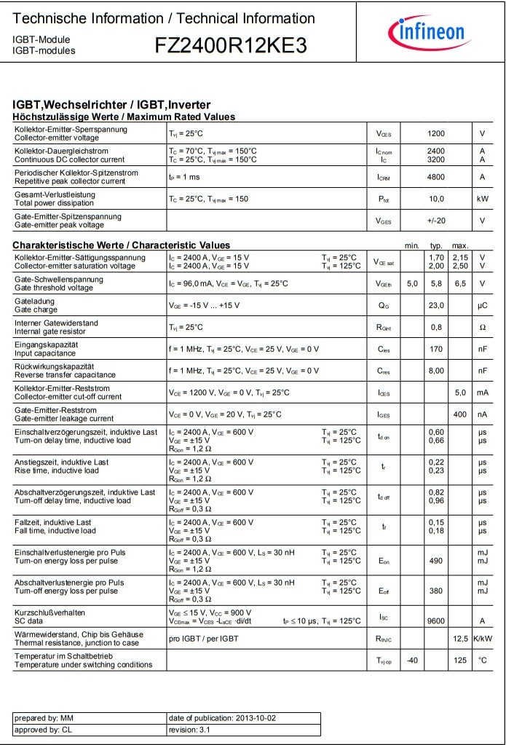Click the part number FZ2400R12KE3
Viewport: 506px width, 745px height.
point(231,46)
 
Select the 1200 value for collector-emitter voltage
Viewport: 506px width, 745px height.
point(436,133)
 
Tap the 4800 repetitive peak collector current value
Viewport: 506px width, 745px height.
point(436,177)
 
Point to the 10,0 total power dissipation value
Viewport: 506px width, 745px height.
point(436,199)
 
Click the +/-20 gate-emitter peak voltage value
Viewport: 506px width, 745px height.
point(436,221)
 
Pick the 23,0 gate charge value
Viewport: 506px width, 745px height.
point(436,306)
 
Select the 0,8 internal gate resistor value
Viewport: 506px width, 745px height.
point(436,328)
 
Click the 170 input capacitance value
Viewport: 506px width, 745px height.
point(436,350)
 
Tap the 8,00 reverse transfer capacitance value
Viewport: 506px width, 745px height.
point(436,371)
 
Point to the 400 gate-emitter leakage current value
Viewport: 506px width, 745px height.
point(460,415)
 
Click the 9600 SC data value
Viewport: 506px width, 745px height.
point(436,621)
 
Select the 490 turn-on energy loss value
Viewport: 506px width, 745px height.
point(436,561)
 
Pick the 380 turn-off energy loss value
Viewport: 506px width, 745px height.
point(436,591)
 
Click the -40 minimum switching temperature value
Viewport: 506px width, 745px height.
point(412,661)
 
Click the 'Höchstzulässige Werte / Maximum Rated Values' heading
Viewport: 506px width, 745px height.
point(124,117)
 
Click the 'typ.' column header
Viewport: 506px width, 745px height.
point(437,245)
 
